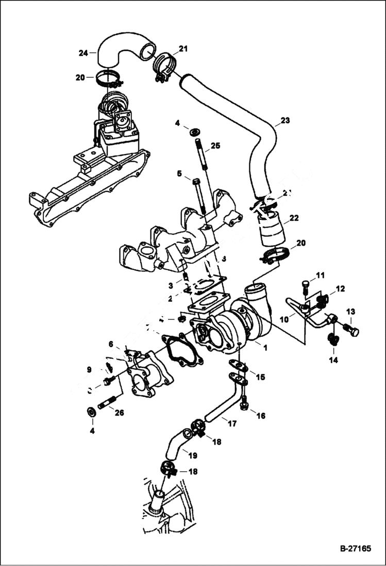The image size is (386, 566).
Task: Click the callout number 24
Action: click(x=83, y=53)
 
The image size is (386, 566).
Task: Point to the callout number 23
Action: click(x=285, y=121)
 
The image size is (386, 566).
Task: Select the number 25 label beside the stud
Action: click(x=215, y=146)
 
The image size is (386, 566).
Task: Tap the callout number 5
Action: click(x=180, y=174)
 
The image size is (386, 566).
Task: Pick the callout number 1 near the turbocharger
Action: click(x=265, y=348)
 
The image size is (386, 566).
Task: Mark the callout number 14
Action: click(x=333, y=360)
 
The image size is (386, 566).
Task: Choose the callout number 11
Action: click(x=320, y=275)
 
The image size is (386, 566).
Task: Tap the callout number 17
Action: click(x=232, y=424)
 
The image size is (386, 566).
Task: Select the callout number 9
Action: click(x=89, y=369)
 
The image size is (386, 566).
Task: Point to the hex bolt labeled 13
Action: click(x=351, y=330)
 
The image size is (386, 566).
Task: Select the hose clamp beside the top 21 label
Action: click(x=164, y=67)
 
